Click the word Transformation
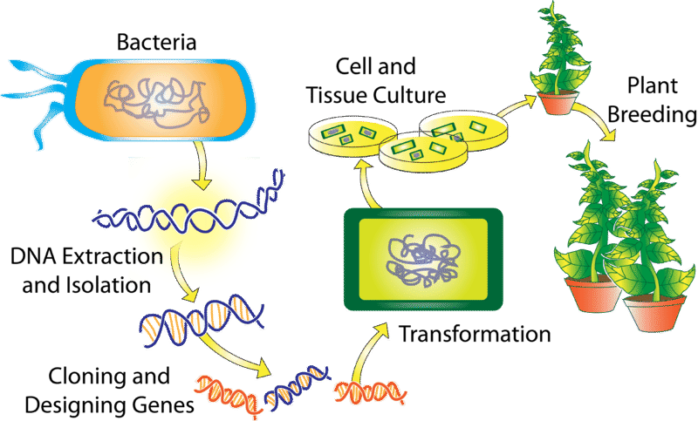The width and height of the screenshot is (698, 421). point(476,334)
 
